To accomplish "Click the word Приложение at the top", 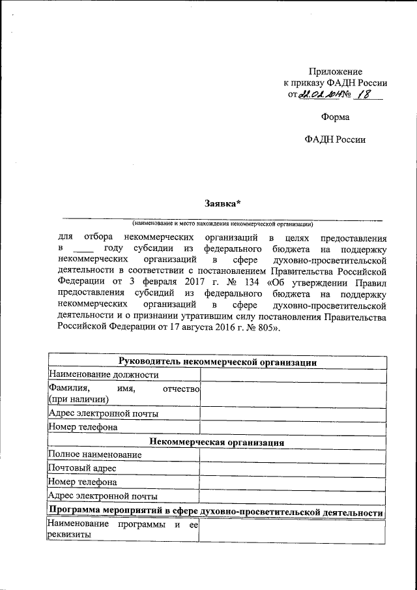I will point(335,71).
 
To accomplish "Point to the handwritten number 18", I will point(368,95).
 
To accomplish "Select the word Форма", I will point(335,117).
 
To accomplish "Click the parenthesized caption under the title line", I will point(222,223).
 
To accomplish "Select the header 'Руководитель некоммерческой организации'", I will point(217,362).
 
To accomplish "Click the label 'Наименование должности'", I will point(104,375).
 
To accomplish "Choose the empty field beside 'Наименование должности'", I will point(293,375).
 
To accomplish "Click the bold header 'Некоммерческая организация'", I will point(217,442).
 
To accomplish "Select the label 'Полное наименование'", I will point(95,454).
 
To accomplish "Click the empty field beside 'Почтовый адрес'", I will point(293,468).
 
